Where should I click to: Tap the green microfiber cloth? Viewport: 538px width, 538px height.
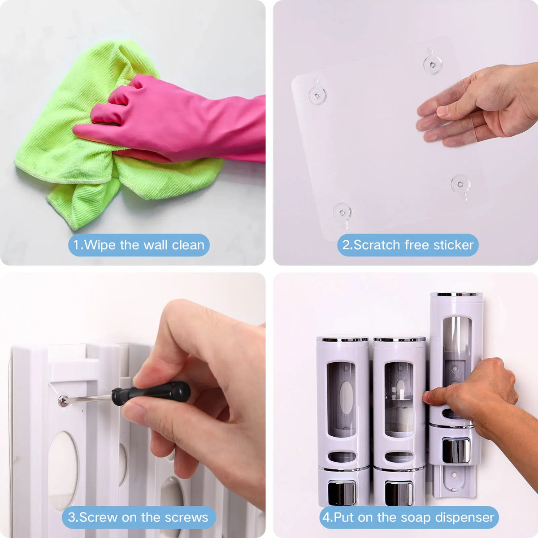(84, 156)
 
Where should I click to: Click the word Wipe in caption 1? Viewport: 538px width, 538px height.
(100, 245)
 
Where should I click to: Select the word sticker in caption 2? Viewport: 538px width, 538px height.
(453, 245)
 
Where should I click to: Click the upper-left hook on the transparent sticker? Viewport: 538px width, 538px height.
(317, 93)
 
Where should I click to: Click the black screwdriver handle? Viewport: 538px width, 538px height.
(151, 393)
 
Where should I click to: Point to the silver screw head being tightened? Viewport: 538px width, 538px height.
(63, 401)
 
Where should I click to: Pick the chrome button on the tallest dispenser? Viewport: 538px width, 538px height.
(456, 450)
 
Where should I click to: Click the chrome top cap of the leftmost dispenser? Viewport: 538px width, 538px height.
(342, 339)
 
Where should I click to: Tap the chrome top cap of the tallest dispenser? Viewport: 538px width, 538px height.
(456, 295)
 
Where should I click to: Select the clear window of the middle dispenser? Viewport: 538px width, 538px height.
(399, 400)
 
